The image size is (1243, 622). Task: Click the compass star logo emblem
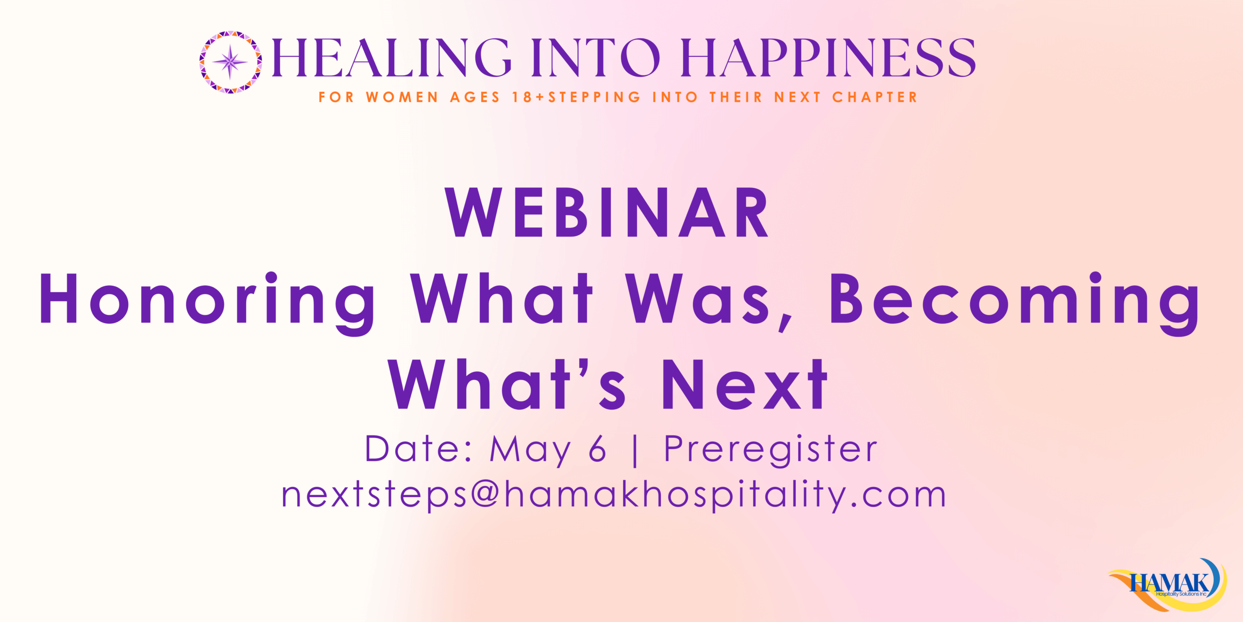pos(231,62)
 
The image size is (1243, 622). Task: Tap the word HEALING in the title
pos(391,58)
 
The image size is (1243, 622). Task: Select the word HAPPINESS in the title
pos(828,58)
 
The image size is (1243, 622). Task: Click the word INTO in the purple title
pos(596,58)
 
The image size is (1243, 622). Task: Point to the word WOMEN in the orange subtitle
pos(403,97)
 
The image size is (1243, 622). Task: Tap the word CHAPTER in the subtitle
pos(875,97)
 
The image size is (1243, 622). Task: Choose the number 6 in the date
pos(597,449)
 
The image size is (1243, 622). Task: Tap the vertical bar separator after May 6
pos(635,451)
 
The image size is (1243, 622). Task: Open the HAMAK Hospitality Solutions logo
pos(1168,585)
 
